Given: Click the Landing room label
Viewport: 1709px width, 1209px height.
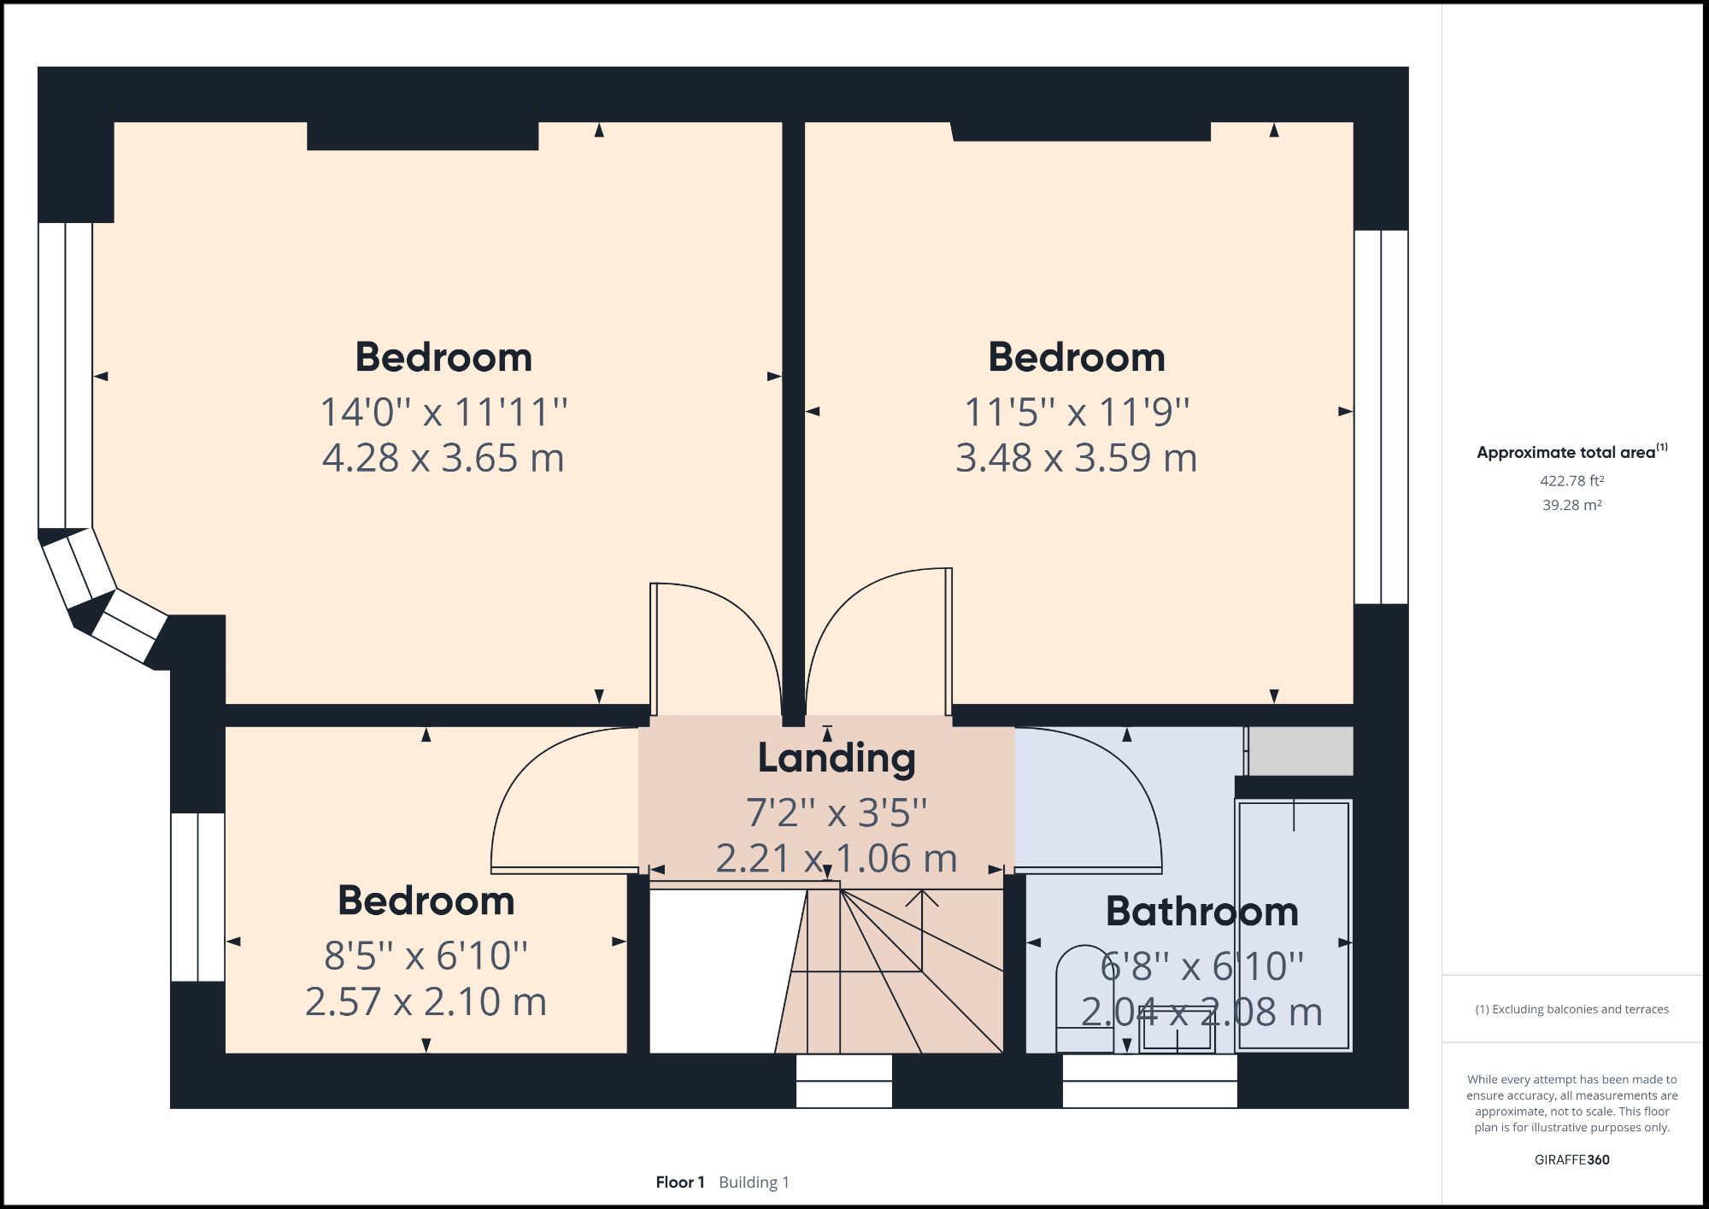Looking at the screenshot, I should [836, 759].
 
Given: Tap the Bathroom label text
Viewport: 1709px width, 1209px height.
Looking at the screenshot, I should [1201, 912].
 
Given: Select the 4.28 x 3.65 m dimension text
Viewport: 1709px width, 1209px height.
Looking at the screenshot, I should [443, 458].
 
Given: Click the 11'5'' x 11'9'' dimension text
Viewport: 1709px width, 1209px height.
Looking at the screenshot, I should [1076, 413].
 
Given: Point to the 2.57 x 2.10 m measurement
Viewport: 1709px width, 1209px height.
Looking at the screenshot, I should [426, 1001].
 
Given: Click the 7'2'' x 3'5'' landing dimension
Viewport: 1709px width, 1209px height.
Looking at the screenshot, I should [836, 812].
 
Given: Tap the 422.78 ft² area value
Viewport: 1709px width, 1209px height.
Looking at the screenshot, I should [1571, 481].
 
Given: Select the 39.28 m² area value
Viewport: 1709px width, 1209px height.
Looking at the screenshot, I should [1571, 505].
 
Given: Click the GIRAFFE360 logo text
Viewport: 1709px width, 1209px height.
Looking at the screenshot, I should [1571, 1159].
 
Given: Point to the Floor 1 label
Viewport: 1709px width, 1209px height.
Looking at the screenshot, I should [679, 1183].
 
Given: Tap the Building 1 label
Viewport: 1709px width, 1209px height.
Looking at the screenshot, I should [754, 1183].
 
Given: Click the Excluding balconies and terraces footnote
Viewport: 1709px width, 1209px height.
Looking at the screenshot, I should [1571, 1009].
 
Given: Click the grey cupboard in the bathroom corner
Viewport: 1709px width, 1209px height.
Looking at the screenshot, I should [1300, 751].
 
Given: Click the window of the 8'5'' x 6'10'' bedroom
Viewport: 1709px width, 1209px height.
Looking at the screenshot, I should [197, 896].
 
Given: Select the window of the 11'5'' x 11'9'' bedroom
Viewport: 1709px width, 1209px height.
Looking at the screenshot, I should [1381, 417].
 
